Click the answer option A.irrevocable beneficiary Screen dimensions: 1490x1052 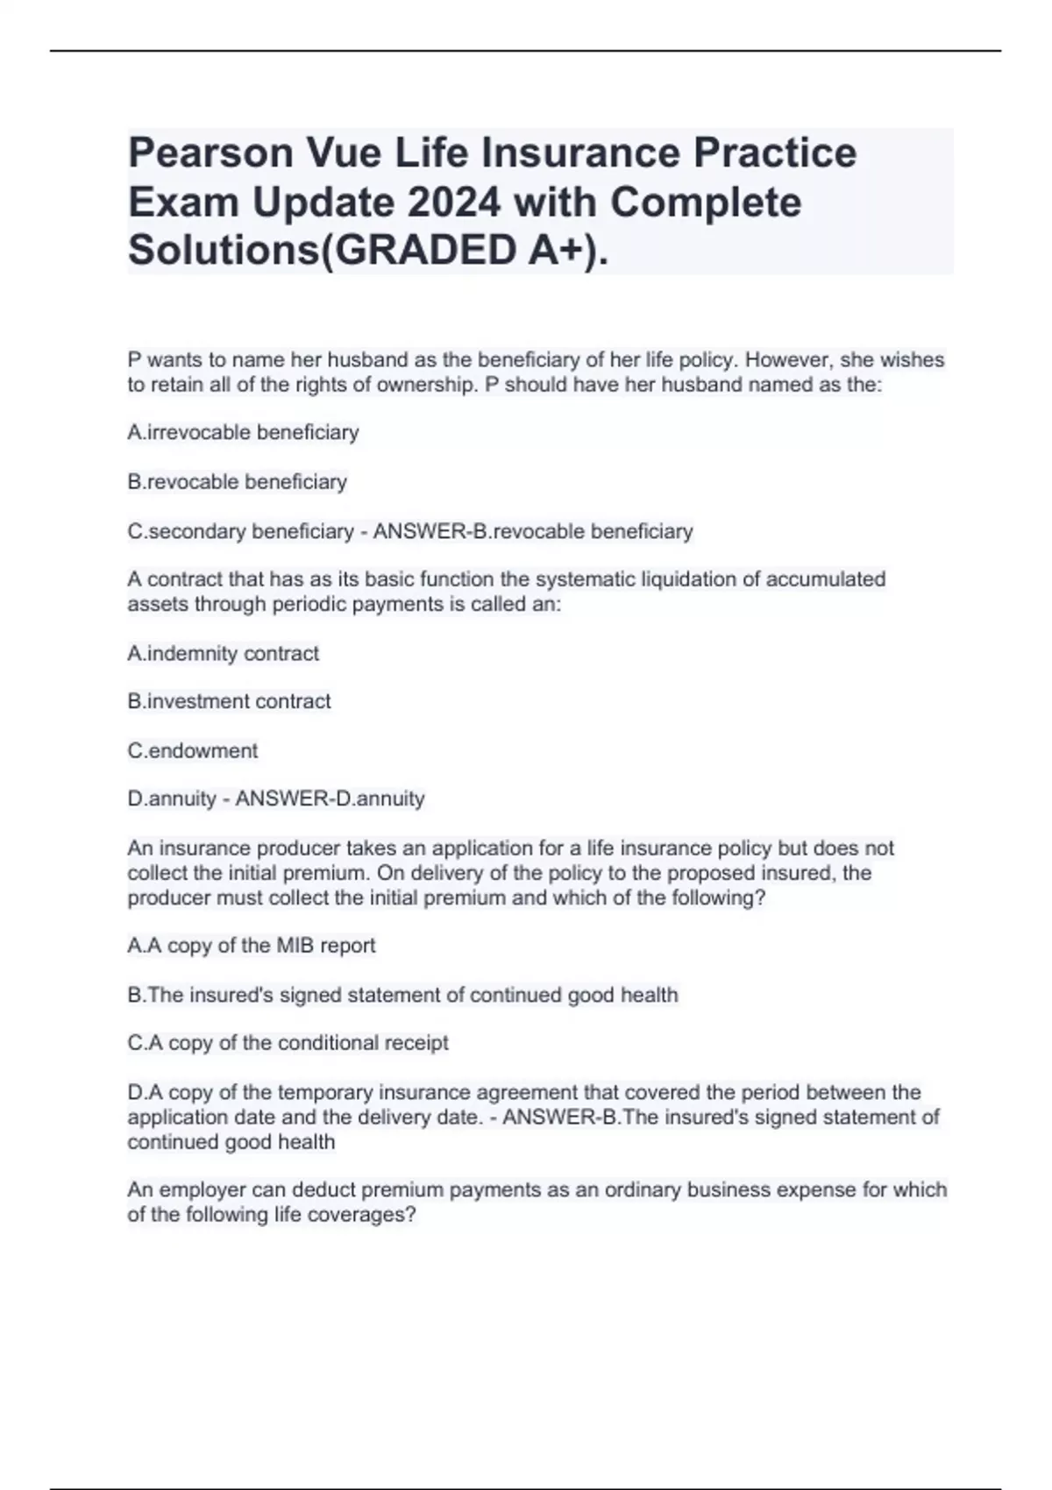(243, 433)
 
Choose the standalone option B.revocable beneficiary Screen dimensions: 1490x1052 (237, 482)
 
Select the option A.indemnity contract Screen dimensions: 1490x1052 (223, 654)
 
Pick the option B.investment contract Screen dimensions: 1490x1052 (229, 702)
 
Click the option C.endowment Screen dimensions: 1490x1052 (193, 751)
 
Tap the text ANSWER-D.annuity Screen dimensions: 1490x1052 (331, 799)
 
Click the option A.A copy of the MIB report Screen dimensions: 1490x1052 (251, 946)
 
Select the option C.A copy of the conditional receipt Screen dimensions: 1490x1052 (288, 1043)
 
